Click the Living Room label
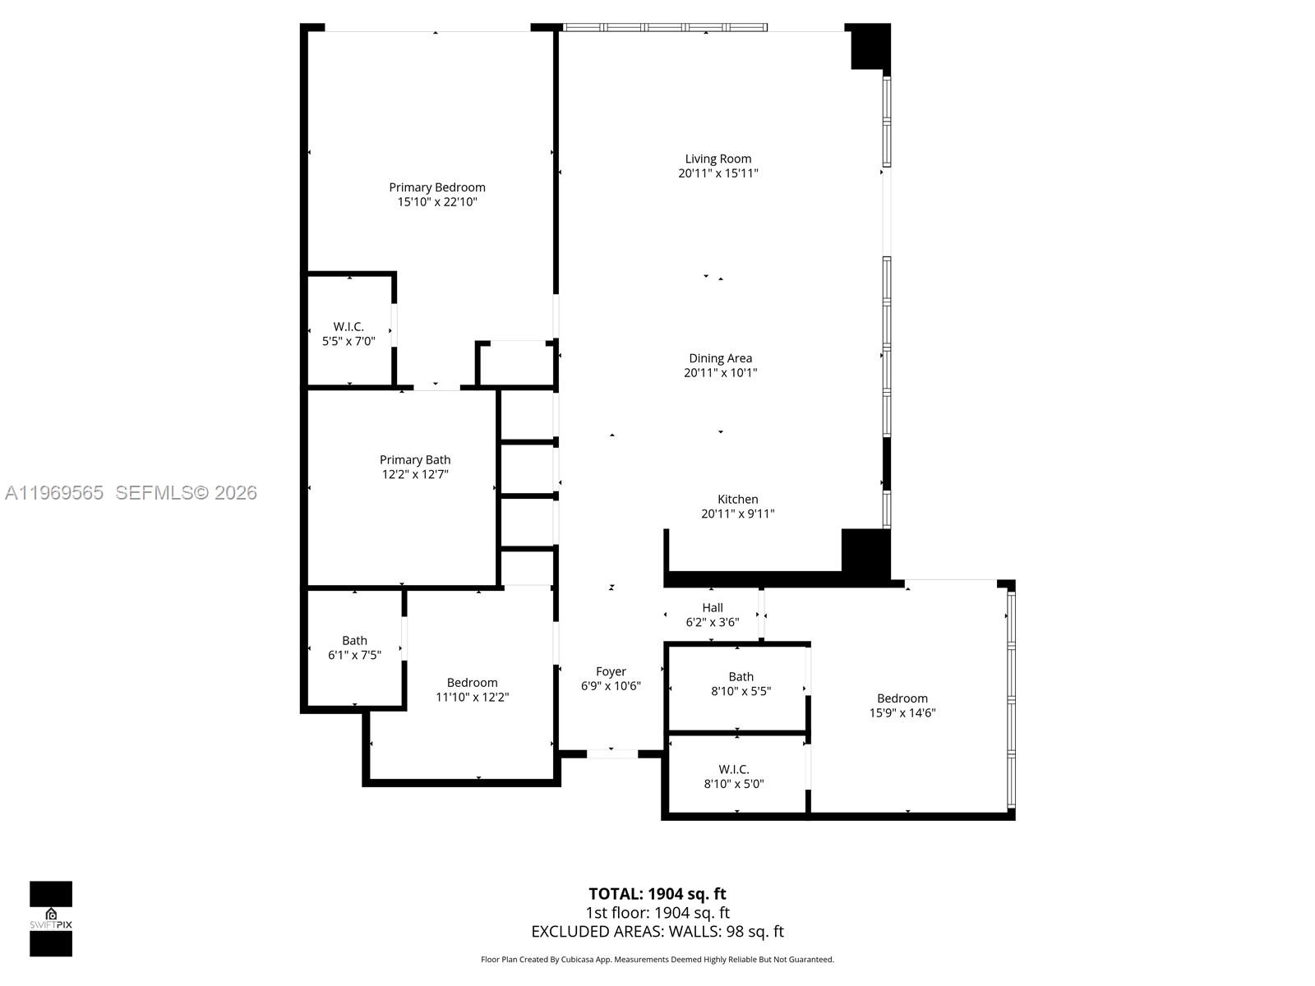click(x=718, y=159)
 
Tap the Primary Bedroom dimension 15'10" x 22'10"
click(x=437, y=201)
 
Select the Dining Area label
click(x=720, y=358)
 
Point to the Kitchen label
click(x=737, y=500)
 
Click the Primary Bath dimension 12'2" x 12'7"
click(x=415, y=474)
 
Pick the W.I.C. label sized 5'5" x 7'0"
click(x=348, y=326)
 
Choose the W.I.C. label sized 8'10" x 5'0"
click(x=734, y=769)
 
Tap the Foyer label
click(x=611, y=671)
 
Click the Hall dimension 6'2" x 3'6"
click(x=713, y=622)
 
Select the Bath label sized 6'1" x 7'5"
click(x=354, y=640)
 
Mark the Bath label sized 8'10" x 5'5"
click(x=741, y=677)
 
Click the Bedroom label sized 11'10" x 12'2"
click(x=472, y=683)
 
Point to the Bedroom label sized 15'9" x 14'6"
click(x=902, y=698)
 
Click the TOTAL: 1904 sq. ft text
click(x=657, y=894)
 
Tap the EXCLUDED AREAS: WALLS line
click(x=657, y=932)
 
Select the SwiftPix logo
click(x=51, y=919)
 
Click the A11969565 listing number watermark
click(x=54, y=493)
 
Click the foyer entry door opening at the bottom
click(x=611, y=753)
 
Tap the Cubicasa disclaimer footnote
click(x=657, y=960)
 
